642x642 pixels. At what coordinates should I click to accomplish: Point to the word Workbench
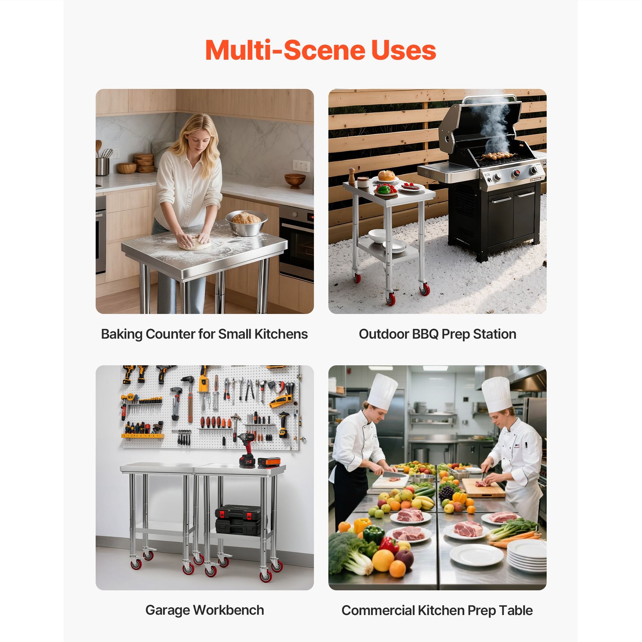[x=229, y=610]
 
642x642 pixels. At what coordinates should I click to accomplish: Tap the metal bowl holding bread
[x=246, y=223]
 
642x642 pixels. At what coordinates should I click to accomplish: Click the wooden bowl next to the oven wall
[x=295, y=180]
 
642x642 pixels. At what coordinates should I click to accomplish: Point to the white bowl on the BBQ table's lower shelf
[x=377, y=236]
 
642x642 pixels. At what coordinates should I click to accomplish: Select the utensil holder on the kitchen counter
[x=102, y=166]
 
